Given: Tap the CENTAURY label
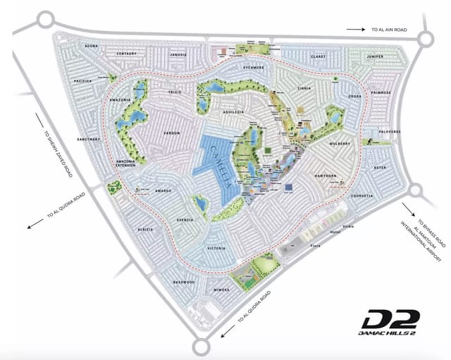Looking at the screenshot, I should (125, 54).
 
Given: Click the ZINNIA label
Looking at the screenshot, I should (304, 89).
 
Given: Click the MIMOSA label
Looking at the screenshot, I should (221, 289).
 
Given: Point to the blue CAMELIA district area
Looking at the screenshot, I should (218, 166).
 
